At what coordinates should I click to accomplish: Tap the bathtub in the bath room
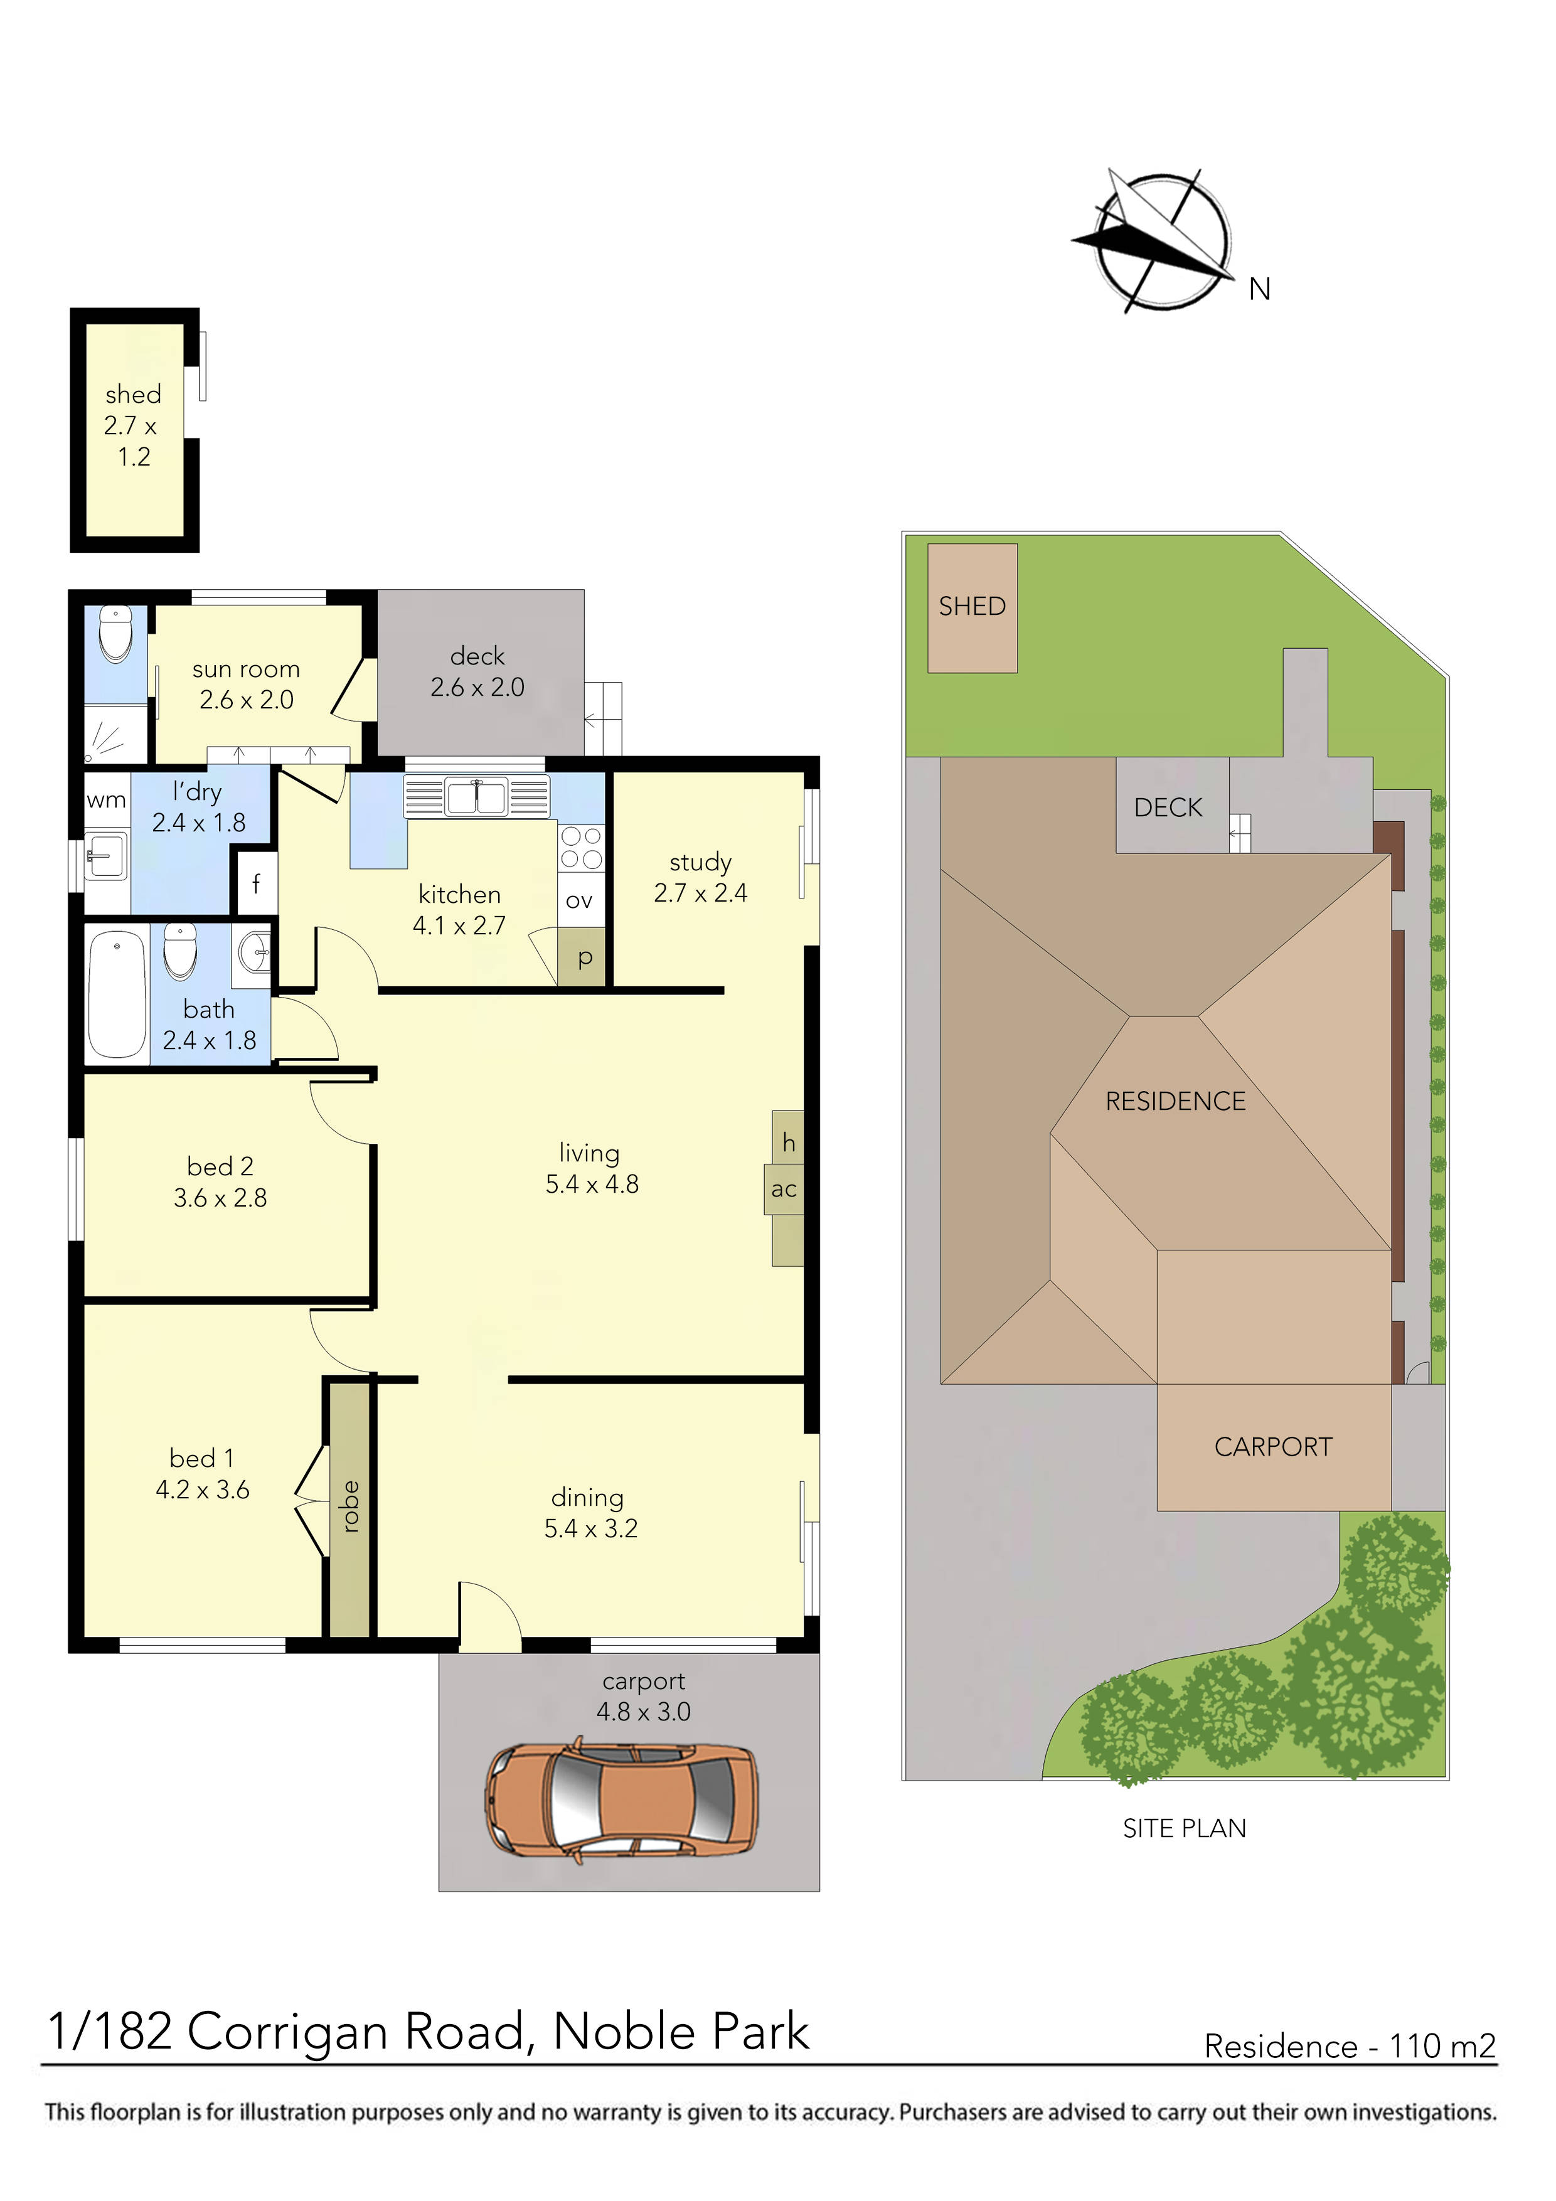click(x=117, y=993)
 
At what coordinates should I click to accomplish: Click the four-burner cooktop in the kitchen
click(x=581, y=848)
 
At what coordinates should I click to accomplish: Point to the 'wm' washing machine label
click(x=107, y=801)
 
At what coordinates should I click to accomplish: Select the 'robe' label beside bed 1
click(x=350, y=1506)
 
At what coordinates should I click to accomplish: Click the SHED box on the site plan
click(x=972, y=608)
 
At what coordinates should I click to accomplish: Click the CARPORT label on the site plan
click(x=1273, y=1447)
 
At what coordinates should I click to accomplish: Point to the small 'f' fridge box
click(x=256, y=883)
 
